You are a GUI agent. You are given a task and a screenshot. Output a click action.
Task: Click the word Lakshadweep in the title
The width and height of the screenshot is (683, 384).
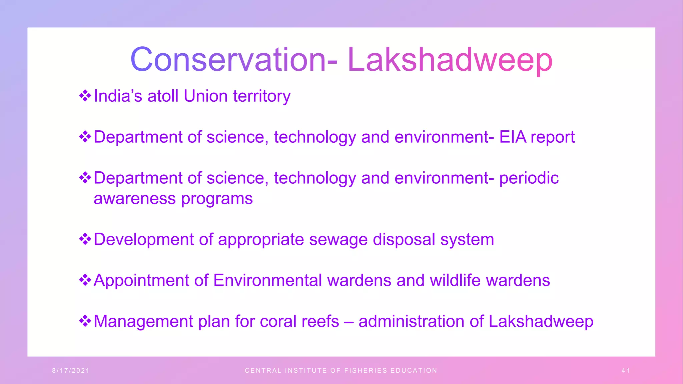(x=450, y=60)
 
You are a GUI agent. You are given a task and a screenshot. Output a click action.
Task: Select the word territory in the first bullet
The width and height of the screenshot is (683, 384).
(x=262, y=96)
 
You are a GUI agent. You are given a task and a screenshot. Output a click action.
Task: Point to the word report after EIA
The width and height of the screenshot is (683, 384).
(x=553, y=137)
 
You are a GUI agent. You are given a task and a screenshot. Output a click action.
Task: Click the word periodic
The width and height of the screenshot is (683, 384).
(x=529, y=178)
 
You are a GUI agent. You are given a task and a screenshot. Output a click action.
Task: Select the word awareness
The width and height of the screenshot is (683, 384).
(x=134, y=199)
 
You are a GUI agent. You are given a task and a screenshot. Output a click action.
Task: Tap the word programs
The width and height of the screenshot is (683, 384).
(x=217, y=199)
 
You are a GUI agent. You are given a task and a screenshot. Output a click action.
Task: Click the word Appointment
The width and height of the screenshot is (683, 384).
(x=141, y=281)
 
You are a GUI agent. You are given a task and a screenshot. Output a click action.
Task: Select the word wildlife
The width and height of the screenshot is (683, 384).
(x=455, y=281)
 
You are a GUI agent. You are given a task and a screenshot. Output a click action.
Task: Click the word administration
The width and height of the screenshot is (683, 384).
(x=411, y=322)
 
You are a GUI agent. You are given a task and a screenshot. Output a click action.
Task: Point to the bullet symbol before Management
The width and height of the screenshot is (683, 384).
(x=85, y=321)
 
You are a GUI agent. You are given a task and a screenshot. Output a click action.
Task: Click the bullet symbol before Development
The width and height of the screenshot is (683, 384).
(x=85, y=239)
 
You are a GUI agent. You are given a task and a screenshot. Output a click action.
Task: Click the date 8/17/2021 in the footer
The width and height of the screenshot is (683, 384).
(x=71, y=371)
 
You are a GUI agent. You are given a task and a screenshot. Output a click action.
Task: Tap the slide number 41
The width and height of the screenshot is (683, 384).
(x=626, y=371)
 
